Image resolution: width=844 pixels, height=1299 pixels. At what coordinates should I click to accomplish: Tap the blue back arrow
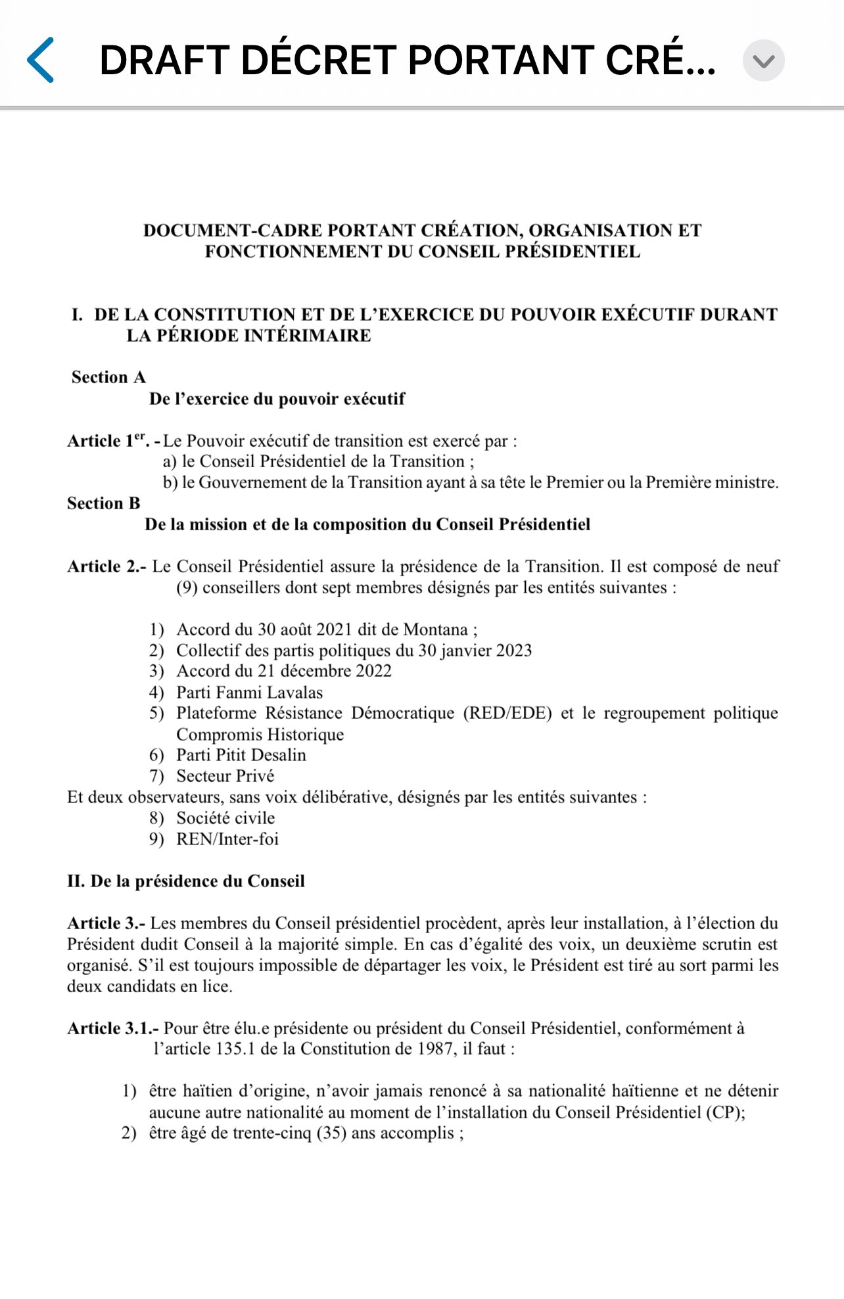(x=41, y=60)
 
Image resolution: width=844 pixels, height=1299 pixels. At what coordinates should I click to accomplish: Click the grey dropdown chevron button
(x=763, y=60)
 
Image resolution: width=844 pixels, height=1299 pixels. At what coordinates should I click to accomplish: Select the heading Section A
(x=108, y=377)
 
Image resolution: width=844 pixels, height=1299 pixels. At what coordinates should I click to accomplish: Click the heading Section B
(x=104, y=503)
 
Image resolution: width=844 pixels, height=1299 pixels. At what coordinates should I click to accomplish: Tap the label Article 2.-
(x=106, y=566)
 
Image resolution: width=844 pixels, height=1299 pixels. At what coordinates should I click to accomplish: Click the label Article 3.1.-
(x=112, y=1028)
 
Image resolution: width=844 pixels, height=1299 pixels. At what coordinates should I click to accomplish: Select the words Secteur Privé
(x=225, y=776)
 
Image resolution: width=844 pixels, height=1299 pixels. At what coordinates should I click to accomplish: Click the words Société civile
(x=225, y=818)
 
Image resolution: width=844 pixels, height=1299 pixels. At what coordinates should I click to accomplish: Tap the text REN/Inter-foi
(x=227, y=839)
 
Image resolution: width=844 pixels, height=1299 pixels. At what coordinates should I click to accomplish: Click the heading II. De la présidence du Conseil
(x=186, y=881)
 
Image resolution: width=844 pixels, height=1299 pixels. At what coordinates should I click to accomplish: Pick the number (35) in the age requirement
(x=331, y=1133)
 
